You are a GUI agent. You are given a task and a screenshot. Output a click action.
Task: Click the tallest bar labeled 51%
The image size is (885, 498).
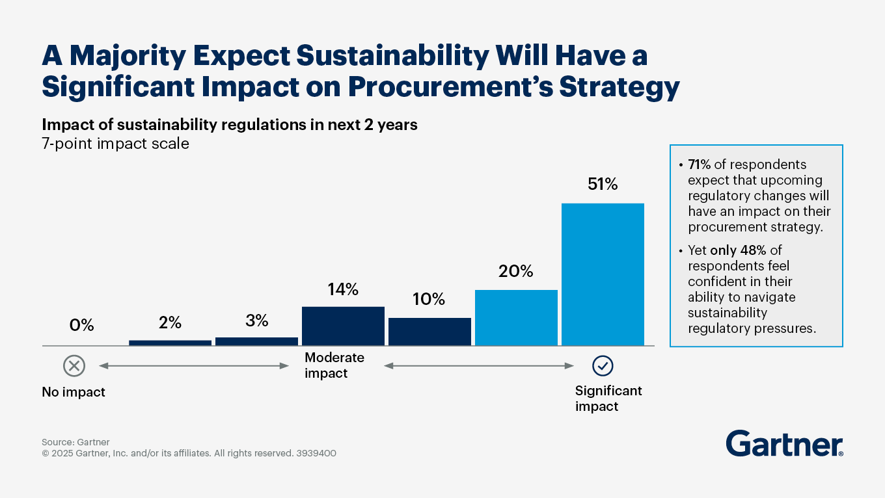[603, 274]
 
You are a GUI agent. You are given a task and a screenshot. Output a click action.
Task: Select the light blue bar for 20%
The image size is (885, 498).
[516, 317]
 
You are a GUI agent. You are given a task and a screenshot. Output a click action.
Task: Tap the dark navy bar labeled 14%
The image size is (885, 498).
[343, 326]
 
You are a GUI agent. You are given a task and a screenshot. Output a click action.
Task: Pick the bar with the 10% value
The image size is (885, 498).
[429, 332]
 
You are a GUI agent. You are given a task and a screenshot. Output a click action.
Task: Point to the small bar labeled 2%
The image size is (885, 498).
[170, 343]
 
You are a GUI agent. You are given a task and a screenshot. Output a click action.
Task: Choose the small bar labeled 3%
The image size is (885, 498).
[256, 341]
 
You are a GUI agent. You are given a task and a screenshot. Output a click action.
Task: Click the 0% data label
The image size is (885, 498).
[82, 324]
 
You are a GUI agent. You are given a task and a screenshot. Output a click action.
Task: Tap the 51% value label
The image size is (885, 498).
[602, 185]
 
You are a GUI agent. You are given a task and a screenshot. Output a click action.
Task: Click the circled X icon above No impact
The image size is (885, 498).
[74, 366]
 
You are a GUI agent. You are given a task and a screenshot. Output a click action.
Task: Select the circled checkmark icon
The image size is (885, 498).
[603, 366]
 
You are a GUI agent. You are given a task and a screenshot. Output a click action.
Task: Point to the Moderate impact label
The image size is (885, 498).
[334, 365]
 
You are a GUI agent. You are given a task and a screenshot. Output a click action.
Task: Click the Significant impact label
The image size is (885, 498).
[608, 399]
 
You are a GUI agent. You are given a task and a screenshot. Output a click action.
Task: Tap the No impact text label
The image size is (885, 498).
[74, 392]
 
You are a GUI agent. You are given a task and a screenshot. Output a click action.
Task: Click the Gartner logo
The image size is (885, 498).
[784, 443]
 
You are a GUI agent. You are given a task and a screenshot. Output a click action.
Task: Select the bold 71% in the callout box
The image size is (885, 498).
[700, 164]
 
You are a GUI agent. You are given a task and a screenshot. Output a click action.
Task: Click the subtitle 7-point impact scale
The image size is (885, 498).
[115, 144]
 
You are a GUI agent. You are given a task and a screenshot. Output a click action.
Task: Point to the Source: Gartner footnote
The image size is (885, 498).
[75, 442]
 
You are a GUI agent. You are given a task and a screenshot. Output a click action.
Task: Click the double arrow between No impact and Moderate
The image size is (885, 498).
[194, 366]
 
